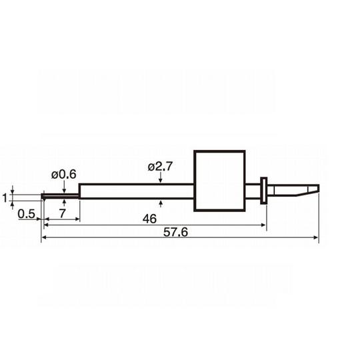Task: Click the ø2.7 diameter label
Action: (160, 167)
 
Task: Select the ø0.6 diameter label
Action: (63, 175)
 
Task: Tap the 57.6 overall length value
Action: (175, 232)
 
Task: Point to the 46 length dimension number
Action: (149, 219)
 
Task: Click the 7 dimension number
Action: (62, 213)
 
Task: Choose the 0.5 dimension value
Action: (26, 214)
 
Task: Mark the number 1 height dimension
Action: (5, 198)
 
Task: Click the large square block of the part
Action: (220, 181)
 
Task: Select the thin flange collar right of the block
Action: (263, 191)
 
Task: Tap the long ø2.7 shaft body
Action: (137, 191)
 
